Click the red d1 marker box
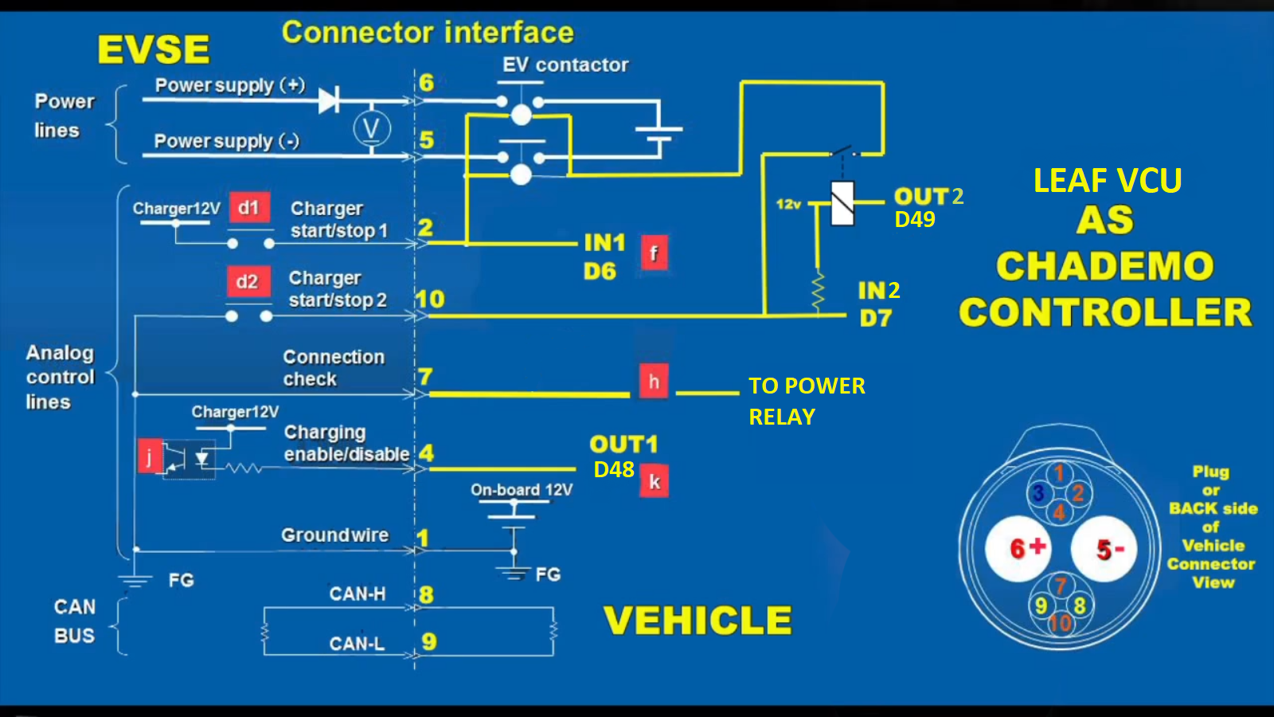[249, 208]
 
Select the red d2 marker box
[248, 281]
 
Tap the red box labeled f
[654, 253]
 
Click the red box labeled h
[654, 382]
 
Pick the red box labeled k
[655, 481]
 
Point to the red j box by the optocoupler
[150, 456]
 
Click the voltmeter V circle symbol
[372, 128]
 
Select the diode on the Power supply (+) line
[329, 101]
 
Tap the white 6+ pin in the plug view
[1018, 548]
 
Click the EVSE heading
[154, 49]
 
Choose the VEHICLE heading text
[698, 621]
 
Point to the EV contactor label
[565, 65]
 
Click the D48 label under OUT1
[614, 470]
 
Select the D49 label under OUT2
[915, 220]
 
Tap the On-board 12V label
[522, 490]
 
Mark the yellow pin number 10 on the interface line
[430, 300]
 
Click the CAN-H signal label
[358, 594]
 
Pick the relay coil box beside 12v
[842, 204]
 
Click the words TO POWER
[807, 386]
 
